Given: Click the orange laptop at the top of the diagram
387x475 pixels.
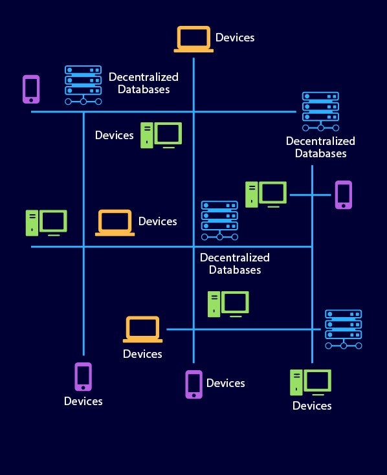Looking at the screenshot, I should [193, 39].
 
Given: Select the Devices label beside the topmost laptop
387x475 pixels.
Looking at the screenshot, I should [235, 38].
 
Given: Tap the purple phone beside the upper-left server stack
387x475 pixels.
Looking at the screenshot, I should [31, 89].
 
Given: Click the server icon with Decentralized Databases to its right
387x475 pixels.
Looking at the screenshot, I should [83, 85].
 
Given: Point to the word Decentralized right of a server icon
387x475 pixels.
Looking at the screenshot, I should [144, 77].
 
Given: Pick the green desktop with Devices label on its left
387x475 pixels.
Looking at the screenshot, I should [161, 135].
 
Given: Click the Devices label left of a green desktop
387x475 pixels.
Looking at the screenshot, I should [114, 135].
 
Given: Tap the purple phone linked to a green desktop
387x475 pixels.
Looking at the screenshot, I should [343, 195].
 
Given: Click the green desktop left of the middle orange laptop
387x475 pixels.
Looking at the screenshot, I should [46, 223].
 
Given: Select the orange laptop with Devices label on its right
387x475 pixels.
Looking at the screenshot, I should [115, 223].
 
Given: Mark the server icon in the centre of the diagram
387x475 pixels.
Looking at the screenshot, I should [219, 220].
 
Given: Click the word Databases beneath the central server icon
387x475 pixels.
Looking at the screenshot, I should [235, 270].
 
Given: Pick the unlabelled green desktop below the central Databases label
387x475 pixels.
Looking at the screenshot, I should [228, 304].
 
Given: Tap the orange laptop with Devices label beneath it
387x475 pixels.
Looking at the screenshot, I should [142, 329].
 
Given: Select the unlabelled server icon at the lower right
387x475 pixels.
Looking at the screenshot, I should [343, 329].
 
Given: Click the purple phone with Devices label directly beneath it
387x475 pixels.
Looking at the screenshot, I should [83, 376].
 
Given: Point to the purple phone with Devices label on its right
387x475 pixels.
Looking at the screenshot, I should [194, 384].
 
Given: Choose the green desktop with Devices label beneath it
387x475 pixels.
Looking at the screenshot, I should [311, 382].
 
